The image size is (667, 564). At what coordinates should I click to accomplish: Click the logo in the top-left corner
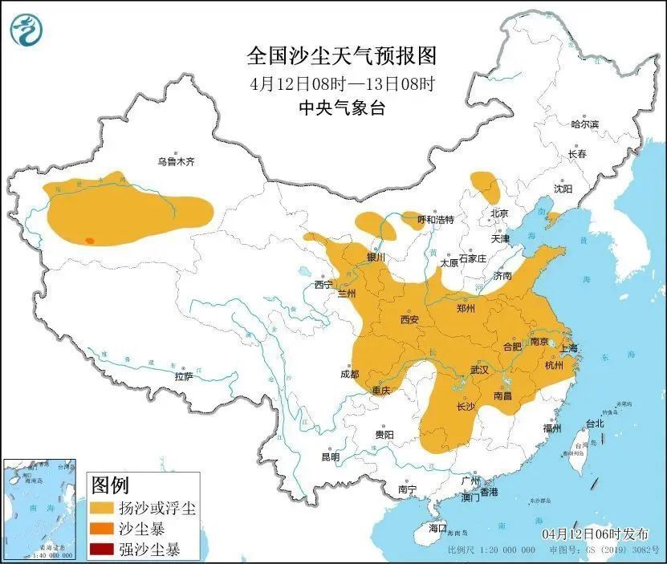[x=27, y=30]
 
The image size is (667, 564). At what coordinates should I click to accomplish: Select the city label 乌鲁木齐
[x=176, y=162]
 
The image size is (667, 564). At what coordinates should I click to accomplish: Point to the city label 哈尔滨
[x=584, y=124]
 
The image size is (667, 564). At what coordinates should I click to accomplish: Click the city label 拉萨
[x=183, y=376]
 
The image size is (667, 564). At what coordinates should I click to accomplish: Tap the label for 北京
[x=499, y=213]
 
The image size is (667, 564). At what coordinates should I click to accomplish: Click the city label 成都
[x=349, y=374]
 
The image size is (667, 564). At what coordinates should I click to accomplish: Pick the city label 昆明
[x=330, y=456]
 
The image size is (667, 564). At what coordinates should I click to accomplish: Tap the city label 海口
[x=437, y=529]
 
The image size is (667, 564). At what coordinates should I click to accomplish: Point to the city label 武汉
[x=479, y=370]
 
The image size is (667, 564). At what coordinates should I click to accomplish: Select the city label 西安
[x=409, y=319]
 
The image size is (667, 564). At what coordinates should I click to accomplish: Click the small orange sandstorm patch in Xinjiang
[x=90, y=240]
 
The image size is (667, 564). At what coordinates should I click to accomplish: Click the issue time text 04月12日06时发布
[x=591, y=534]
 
